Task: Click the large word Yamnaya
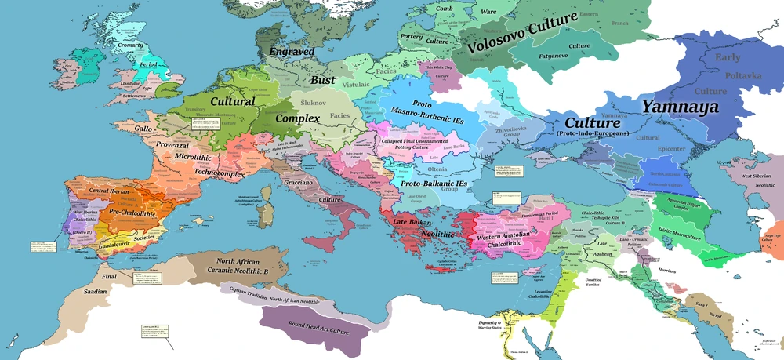pos(680,107)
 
